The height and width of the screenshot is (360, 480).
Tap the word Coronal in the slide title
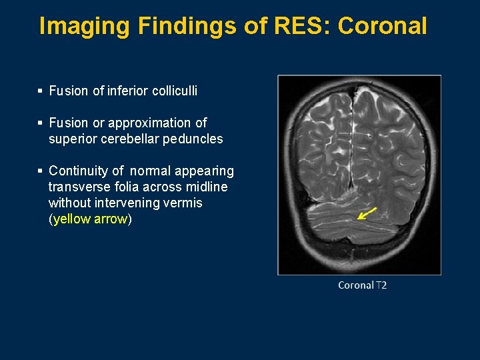pyautogui.click(x=382, y=26)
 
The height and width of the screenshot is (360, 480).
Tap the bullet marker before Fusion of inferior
pyautogui.click(x=41, y=91)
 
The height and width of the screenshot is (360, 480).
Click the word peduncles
pyautogui.click(x=195, y=139)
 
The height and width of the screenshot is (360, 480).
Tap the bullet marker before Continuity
pyautogui.click(x=41, y=171)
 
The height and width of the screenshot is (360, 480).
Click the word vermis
pyautogui.click(x=187, y=203)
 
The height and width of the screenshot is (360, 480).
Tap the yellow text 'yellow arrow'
pyautogui.click(x=90, y=219)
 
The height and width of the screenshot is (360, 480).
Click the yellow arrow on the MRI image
pyautogui.click(x=367, y=213)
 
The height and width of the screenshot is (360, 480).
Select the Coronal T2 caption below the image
pyautogui.click(x=362, y=285)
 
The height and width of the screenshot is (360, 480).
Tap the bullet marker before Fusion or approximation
pyautogui.click(x=41, y=123)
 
